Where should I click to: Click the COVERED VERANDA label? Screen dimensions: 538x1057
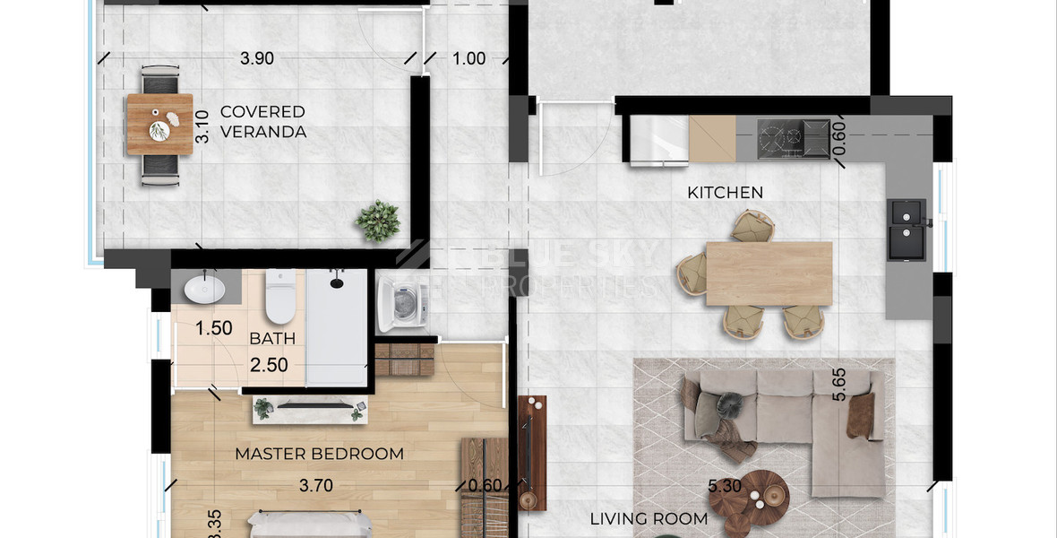tap(262, 122)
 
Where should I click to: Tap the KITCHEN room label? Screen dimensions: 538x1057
tap(725, 192)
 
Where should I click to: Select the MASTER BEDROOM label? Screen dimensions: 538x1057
tap(319, 454)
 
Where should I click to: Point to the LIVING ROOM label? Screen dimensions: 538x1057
tap(649, 518)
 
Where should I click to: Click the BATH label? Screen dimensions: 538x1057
tap(272, 339)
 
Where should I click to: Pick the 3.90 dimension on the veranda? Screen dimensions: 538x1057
tap(257, 59)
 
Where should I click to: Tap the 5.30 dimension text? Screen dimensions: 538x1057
tap(726, 487)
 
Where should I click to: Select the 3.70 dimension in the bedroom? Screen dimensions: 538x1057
tap(316, 486)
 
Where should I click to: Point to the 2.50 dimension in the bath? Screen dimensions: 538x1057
tap(269, 365)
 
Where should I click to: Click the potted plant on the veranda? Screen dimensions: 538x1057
tap(378, 221)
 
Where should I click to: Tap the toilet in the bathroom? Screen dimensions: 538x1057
tap(280, 297)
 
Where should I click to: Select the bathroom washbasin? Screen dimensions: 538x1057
tap(206, 288)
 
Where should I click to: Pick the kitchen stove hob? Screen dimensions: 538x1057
tap(793, 140)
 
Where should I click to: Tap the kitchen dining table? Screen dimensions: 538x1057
tap(769, 273)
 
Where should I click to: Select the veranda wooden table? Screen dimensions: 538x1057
tap(159, 125)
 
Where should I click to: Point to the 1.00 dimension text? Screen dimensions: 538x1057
tap(468, 59)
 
